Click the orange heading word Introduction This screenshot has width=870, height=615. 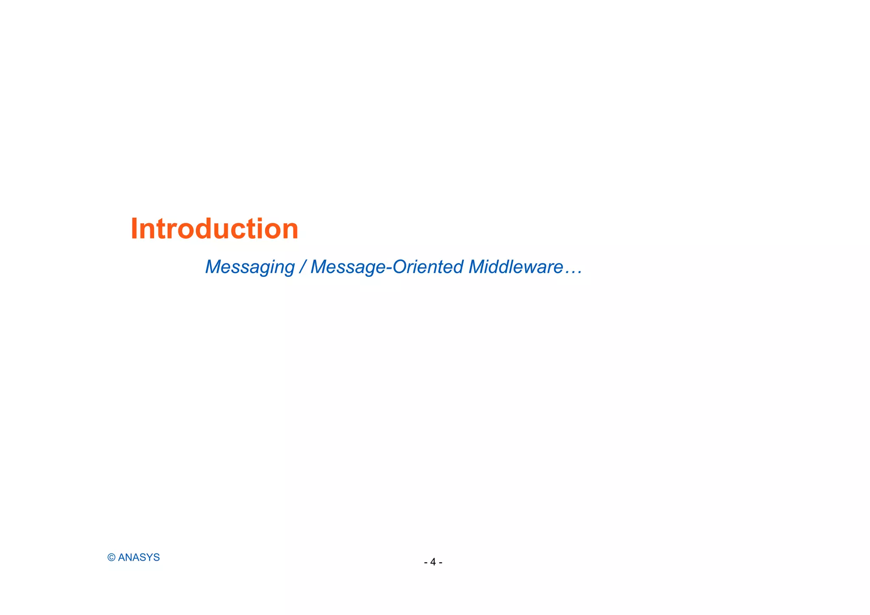point(214,229)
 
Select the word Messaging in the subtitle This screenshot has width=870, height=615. point(250,267)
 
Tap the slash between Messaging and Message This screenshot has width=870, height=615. point(302,267)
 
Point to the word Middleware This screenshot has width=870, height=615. point(516,267)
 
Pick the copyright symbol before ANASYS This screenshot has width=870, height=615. point(111,558)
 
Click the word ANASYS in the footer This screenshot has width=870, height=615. point(139,558)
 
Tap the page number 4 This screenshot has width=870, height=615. point(433,562)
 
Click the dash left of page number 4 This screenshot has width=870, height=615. point(426,563)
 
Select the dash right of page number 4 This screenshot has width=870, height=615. point(441,563)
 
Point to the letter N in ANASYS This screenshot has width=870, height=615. point(128,558)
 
